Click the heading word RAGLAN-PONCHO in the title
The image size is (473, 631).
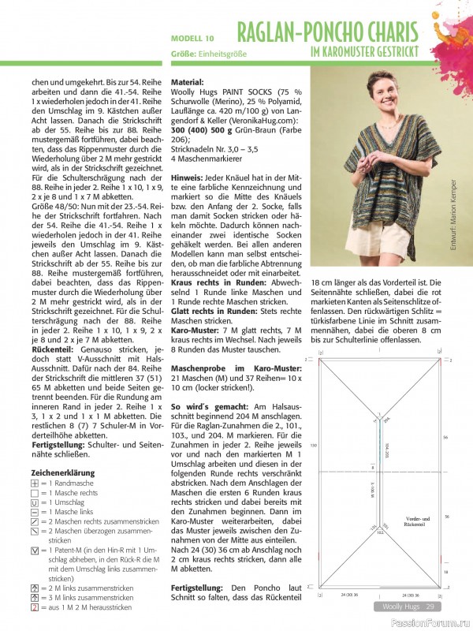click(x=297, y=33)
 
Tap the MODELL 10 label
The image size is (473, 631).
click(x=192, y=38)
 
